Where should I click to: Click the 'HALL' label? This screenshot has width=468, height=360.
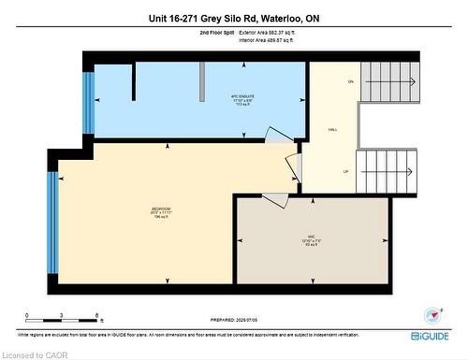tap(332, 130)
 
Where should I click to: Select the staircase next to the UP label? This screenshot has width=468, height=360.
tap(386, 172)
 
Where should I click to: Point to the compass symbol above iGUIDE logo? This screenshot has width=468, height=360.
tap(431, 315)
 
